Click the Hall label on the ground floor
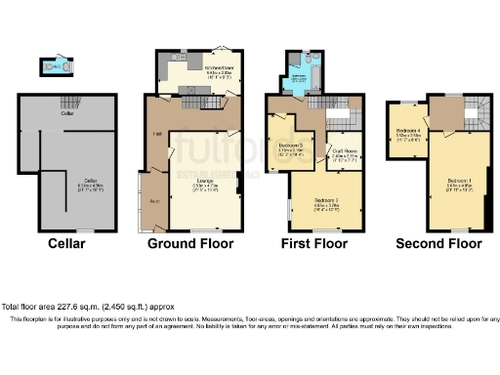point(156,135)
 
